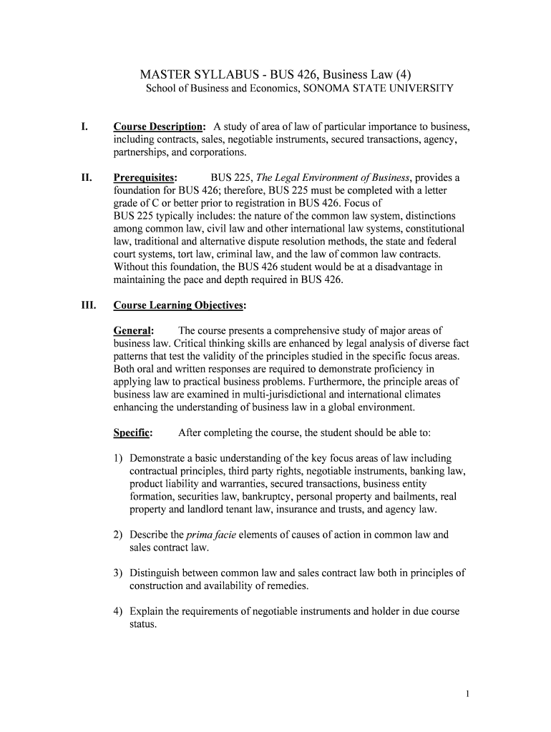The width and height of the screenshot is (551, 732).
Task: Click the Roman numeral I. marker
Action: (84, 127)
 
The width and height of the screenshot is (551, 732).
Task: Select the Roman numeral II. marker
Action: (87, 177)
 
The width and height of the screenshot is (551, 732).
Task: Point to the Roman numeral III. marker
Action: (89, 305)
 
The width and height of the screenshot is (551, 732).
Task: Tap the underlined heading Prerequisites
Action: (145, 177)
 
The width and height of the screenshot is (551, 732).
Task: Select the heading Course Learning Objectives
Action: (179, 305)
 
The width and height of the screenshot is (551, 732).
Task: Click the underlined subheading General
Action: (133, 330)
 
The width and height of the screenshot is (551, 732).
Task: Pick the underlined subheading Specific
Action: (133, 432)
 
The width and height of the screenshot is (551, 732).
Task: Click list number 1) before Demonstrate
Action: (118, 457)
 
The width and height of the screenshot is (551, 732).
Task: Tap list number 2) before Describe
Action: (118, 534)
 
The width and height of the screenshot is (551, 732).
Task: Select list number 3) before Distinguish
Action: (118, 573)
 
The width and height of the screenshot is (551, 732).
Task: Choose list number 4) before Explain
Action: (118, 611)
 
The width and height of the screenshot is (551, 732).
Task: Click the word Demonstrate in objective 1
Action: (160, 457)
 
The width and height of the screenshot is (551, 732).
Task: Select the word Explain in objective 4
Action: (146, 611)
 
